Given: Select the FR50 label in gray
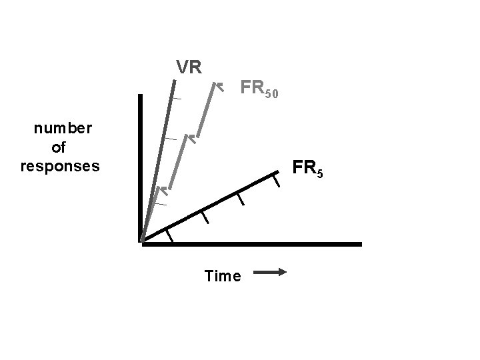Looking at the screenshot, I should click(263, 89).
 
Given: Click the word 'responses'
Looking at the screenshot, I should click(60, 165).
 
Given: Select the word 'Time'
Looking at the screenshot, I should click(223, 276).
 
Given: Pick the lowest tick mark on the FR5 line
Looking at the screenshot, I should click(170, 235).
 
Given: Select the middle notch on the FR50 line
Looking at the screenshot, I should click(191, 139).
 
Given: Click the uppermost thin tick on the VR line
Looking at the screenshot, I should click(175, 99).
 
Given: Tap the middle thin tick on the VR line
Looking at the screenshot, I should click(171, 138).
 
